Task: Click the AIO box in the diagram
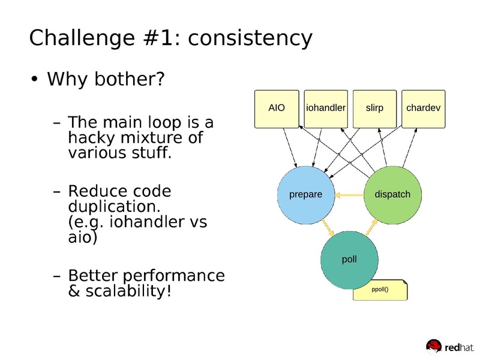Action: [x=277, y=109]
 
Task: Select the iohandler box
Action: [x=326, y=109]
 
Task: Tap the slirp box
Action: [x=374, y=109]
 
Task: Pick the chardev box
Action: [x=423, y=109]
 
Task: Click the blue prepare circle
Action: [x=305, y=194]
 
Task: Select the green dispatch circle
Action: [x=392, y=194]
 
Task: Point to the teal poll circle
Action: [x=349, y=259]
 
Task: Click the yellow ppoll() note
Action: [x=380, y=289]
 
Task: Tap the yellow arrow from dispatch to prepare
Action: [x=349, y=194]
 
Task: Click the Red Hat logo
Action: [x=449, y=346]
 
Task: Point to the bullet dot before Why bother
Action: [x=35, y=80]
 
